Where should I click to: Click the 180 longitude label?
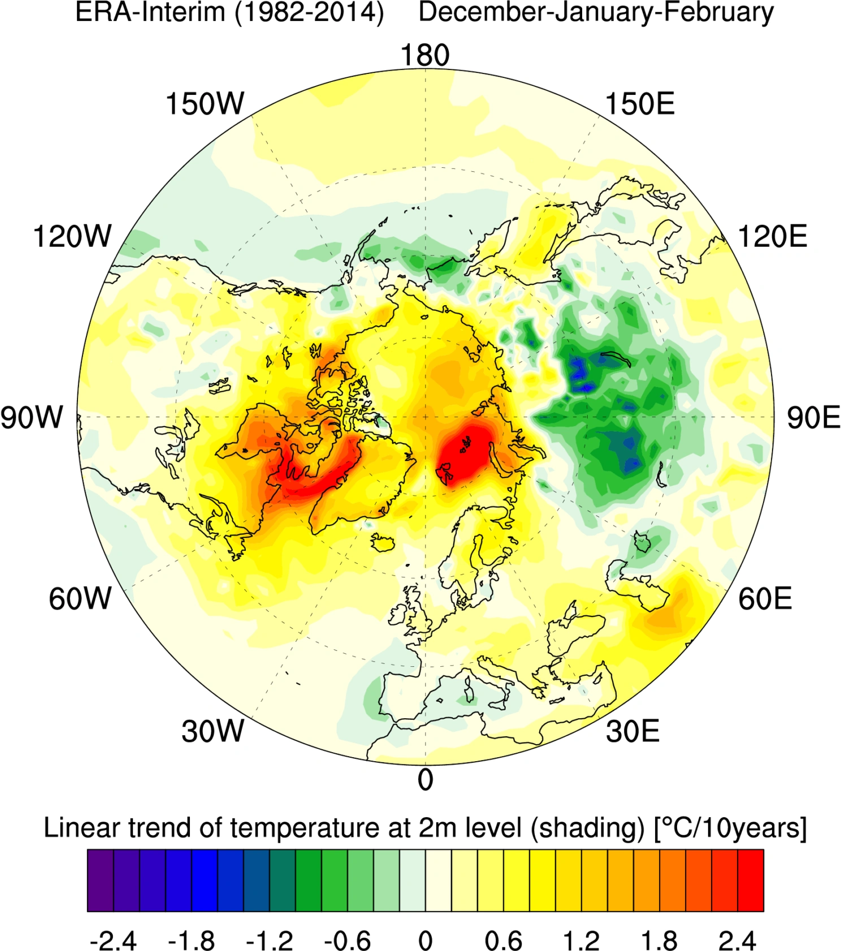(425, 55)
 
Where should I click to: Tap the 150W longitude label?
(205, 104)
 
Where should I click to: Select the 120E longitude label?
(773, 236)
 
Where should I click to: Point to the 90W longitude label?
(32, 417)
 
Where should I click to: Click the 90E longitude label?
(814, 418)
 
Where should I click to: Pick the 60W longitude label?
(80, 598)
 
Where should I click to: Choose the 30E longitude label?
(632, 731)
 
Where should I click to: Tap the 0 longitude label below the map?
(425, 780)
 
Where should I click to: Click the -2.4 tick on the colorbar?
(113, 941)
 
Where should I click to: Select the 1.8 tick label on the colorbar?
(659, 941)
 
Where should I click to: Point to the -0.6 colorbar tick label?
(347, 941)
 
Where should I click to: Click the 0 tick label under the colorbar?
(425, 941)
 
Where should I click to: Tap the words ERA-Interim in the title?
(150, 12)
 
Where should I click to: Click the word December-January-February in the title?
(596, 12)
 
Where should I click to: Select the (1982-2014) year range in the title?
(309, 12)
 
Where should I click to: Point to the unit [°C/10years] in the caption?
(730, 828)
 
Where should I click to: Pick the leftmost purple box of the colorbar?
(101, 880)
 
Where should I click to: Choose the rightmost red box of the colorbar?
(751, 880)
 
